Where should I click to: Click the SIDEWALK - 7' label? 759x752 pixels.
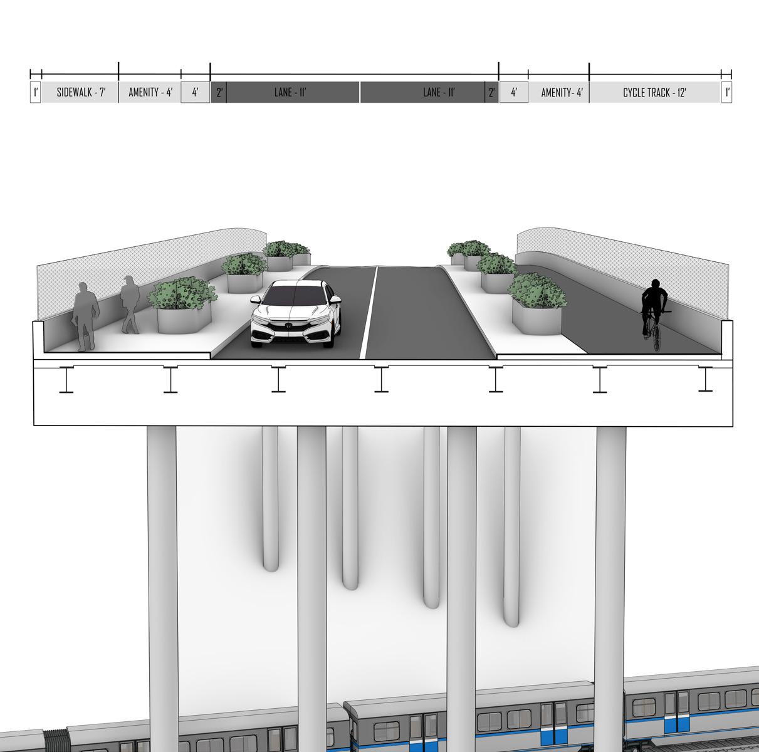[x=81, y=93]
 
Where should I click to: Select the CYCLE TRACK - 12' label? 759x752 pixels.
[x=654, y=93]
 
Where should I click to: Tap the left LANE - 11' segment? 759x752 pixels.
[x=290, y=93]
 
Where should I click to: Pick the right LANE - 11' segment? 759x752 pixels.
[x=438, y=93]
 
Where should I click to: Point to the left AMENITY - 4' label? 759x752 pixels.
[x=150, y=93]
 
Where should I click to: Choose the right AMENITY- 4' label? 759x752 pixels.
[x=562, y=93]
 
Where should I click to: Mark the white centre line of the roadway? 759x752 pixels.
[x=369, y=313]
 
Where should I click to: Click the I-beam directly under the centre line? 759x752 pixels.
[x=381, y=379]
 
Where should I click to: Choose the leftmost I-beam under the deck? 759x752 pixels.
[x=66, y=380]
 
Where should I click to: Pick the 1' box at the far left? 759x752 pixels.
[x=35, y=93]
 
